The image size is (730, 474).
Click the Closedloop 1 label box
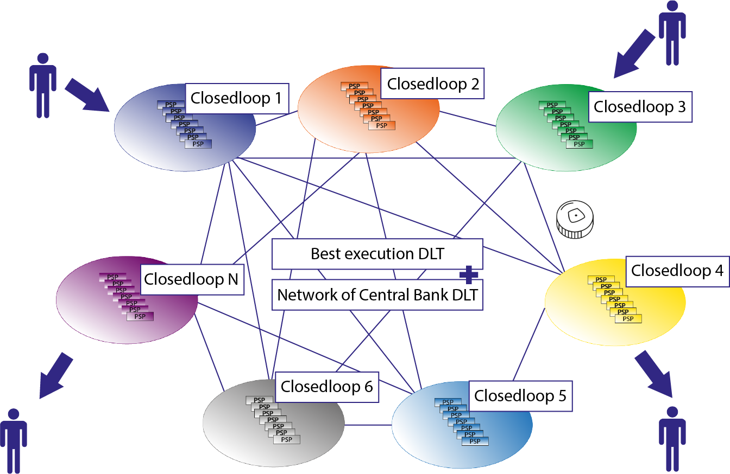pos(236,99)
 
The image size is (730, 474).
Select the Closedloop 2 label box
pos(432,84)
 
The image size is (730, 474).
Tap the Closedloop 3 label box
pos(639,107)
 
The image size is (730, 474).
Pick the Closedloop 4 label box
pos(677,270)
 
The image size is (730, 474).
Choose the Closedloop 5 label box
pos(520,396)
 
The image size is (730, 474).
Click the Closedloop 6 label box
pos(326,387)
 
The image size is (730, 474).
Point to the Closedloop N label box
pos(191,280)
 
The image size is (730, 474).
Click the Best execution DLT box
pos(377,254)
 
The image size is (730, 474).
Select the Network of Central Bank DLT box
pos(377,295)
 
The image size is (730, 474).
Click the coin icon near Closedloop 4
pos(575,220)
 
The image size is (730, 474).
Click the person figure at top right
pos(672,33)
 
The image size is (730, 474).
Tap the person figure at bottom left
pos(14,439)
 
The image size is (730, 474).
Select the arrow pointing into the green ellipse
pos(634,54)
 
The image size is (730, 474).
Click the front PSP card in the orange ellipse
pos(382,126)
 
